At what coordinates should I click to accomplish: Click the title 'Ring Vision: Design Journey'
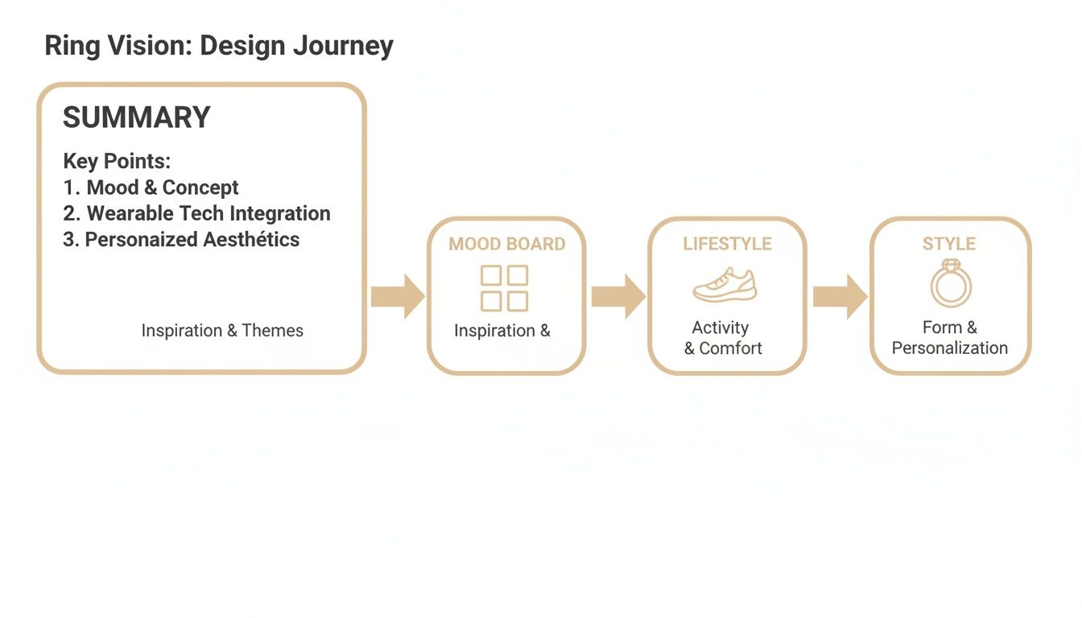coord(219,46)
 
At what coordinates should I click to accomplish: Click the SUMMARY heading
coord(136,117)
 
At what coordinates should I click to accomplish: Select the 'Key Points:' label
coord(117,161)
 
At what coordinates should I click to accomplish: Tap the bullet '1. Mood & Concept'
coord(151,187)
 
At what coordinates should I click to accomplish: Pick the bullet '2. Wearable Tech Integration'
coord(196,213)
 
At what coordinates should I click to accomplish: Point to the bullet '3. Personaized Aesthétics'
coord(181,239)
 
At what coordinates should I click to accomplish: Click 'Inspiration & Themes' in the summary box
coord(222,331)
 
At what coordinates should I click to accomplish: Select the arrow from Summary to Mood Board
coord(397,296)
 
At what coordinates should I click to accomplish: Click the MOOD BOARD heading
coord(507,244)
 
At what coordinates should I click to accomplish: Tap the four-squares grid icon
coord(505,288)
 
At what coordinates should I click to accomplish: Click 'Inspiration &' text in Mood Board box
coord(502,331)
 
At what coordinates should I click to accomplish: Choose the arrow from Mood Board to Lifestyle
coord(617,296)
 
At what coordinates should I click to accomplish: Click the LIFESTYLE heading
coord(727,244)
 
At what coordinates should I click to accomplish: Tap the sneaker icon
coord(725,286)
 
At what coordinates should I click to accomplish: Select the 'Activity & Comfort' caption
coord(723,338)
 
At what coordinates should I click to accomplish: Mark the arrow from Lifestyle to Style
coord(840,296)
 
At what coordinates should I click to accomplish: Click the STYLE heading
coord(949,244)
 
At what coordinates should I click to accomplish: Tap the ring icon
coord(951,283)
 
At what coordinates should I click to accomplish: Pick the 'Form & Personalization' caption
coord(950,338)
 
